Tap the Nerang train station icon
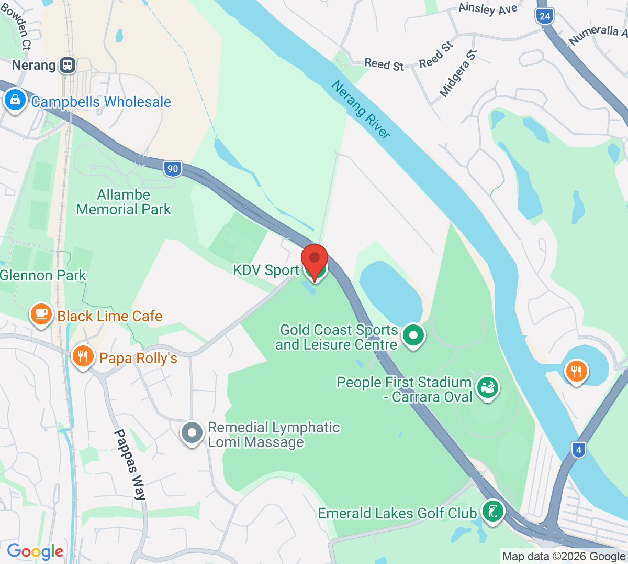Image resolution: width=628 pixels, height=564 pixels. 68,65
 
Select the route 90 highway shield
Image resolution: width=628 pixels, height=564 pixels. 173,169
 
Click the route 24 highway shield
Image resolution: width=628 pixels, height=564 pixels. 545,16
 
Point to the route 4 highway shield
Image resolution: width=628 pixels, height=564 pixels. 578,450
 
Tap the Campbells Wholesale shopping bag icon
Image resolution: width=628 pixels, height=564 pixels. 15,99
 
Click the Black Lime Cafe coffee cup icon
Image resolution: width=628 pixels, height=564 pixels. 41,313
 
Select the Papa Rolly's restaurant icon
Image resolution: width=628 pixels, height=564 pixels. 83,356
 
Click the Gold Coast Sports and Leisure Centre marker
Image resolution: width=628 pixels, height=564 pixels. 413,334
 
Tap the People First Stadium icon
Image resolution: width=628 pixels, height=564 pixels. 488,388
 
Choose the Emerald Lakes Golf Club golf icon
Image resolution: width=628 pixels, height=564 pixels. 492,510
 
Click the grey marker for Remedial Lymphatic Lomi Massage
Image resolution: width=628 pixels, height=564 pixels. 192,433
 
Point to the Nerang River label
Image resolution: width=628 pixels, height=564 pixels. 361,110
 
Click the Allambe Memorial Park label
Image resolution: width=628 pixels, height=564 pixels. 124,202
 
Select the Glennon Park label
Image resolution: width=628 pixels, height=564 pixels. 43,275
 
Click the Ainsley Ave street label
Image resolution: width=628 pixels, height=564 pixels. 488,9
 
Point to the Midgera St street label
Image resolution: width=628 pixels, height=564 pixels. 458,73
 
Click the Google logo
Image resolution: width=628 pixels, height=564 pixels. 35,551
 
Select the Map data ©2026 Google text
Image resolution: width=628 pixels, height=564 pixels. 564,556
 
